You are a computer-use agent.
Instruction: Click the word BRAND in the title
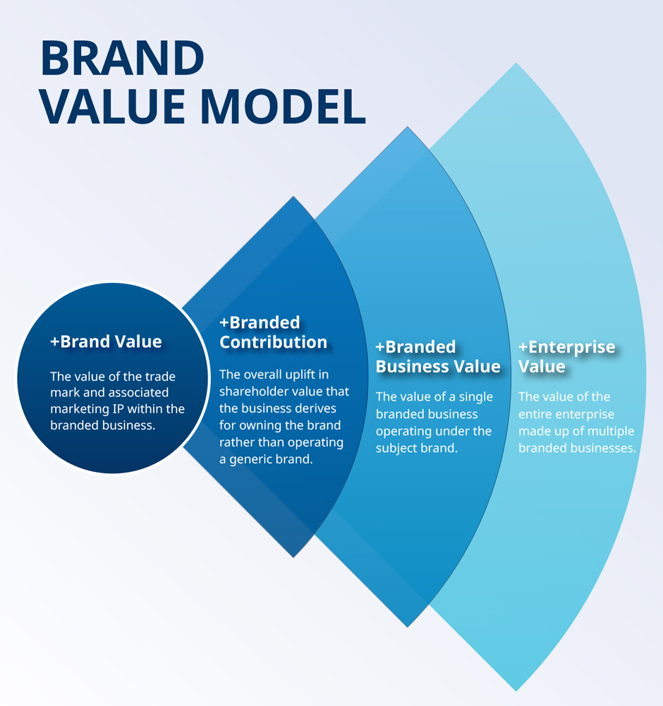[123, 58]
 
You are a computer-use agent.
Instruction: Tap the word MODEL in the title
[283, 106]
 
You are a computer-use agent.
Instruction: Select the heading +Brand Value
[106, 342]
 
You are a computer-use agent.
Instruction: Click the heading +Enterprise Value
[566, 356]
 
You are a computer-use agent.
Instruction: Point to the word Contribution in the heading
[274, 342]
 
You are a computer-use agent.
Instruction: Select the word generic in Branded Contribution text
[253, 460]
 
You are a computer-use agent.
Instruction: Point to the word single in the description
[475, 397]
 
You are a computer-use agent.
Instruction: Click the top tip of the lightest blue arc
[516, 63]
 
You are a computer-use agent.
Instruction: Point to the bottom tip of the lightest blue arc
[516, 690]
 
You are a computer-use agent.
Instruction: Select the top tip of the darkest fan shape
[293, 197]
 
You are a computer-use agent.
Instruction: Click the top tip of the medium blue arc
[407, 128]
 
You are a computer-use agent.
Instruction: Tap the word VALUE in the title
[113, 106]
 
